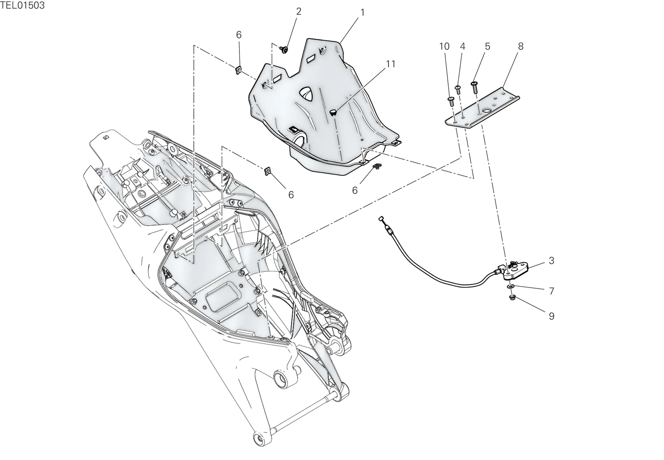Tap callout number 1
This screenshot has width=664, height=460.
pos(362,13)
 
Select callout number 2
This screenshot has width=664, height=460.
pos(298,11)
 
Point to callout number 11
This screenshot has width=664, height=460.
pos(391,64)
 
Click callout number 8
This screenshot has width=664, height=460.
pos(520,46)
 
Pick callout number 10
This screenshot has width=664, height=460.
pos(444,46)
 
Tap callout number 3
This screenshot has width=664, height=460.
pos(552,260)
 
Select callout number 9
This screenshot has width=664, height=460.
pos(552,316)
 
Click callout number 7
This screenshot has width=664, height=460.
pos(552,291)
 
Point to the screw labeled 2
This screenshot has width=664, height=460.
pos(284,50)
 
